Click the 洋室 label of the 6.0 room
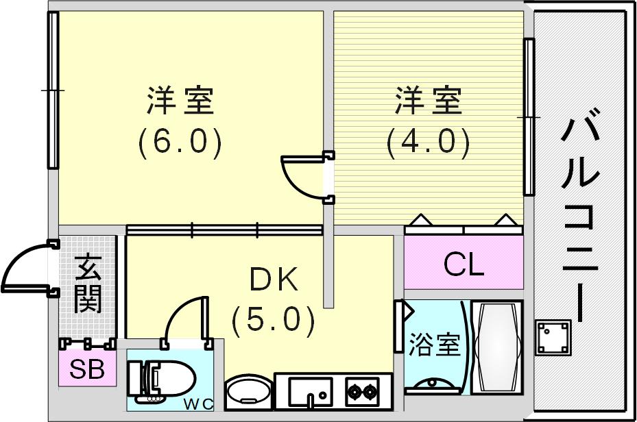180,100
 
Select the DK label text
274,280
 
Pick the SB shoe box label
87,369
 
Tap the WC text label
198,404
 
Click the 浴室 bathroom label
434,345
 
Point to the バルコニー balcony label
581,215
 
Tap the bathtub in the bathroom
496,347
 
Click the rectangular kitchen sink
311,392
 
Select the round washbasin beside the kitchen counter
250,392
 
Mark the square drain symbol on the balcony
553,337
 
